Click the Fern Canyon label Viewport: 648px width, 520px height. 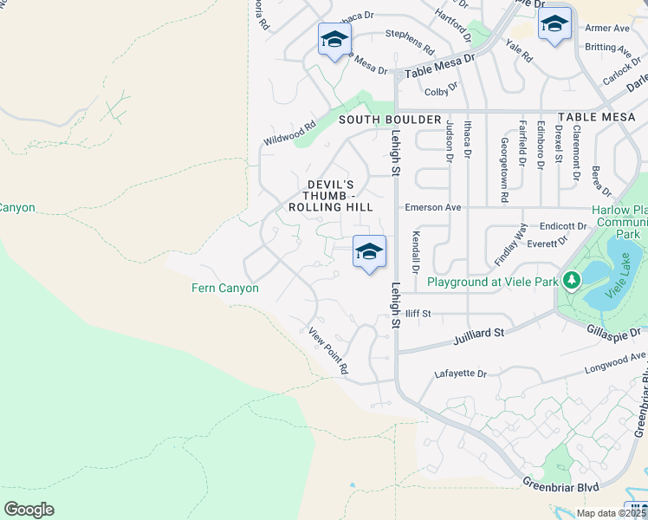pyautogui.click(x=225, y=288)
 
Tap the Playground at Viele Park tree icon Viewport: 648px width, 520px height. pyautogui.click(x=571, y=282)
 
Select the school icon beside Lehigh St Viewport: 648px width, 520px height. pyautogui.click(x=369, y=252)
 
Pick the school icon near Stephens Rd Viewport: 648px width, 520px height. pyautogui.click(x=334, y=39)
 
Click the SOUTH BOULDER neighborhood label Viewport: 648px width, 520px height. pyautogui.click(x=391, y=119)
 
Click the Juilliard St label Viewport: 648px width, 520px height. pyautogui.click(x=478, y=333)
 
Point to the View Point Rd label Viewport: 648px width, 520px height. pyautogui.click(x=329, y=350)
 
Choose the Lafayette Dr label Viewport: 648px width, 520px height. pyautogui.click(x=460, y=374)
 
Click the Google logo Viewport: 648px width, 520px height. pyautogui.click(x=29, y=510)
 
